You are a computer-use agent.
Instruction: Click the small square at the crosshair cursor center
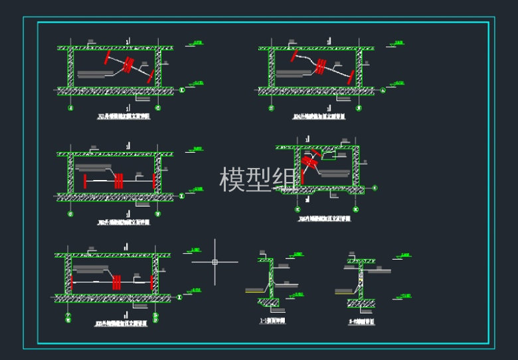[215, 262]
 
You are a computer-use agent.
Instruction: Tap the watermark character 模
[232, 180]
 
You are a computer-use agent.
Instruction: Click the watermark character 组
[285, 180]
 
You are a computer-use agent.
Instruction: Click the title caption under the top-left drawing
[124, 116]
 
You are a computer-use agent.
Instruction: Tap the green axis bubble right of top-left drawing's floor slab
[182, 90]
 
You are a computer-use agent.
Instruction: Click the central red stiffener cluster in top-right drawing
[321, 65]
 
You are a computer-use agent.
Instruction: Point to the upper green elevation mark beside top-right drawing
[397, 45]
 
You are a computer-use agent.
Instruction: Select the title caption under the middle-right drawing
[324, 218]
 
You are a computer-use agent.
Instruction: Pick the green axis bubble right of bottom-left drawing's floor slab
[180, 296]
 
